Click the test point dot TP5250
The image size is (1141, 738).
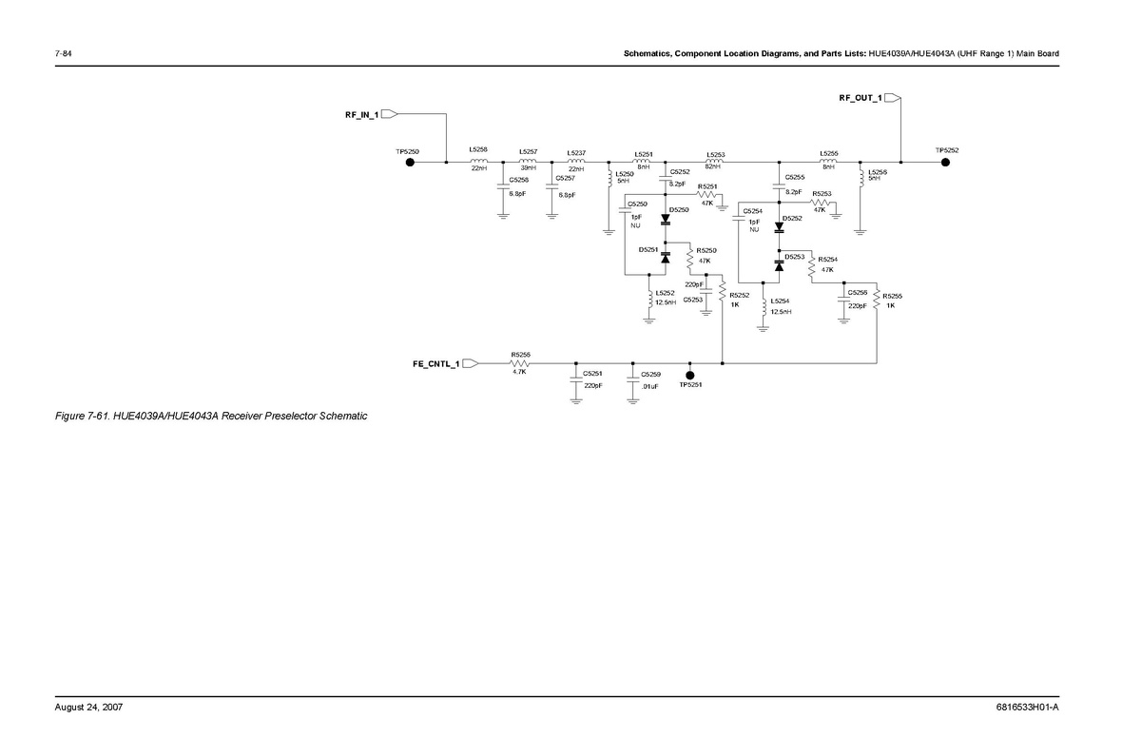410,162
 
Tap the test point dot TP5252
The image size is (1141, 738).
945,162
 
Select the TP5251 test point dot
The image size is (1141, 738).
690,375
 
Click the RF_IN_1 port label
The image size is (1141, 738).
362,114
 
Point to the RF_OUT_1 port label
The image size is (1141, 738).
860,98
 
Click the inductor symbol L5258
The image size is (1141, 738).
478,161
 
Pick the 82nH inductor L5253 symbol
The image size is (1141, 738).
716,161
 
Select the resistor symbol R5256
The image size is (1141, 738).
520,363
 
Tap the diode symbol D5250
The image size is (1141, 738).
666,220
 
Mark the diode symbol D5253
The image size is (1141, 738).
779,266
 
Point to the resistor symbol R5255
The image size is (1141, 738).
876,301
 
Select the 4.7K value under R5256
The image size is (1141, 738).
520,372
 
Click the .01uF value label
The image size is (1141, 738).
650,386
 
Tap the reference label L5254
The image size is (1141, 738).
780,301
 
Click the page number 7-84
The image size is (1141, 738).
65,53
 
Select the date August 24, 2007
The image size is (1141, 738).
88,708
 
